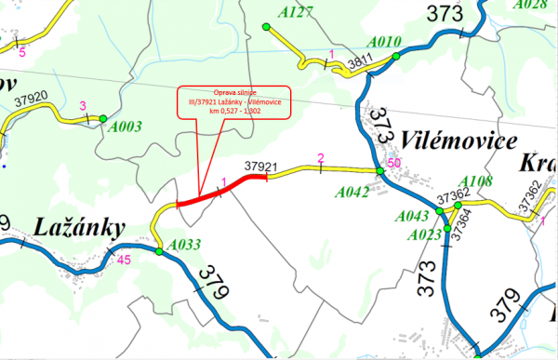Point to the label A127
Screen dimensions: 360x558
[x=296, y=12]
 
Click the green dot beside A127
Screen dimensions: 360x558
[x=267, y=27]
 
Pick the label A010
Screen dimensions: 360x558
[x=384, y=43]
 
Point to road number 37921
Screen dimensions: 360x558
[x=262, y=166]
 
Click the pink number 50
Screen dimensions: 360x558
[x=393, y=164]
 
